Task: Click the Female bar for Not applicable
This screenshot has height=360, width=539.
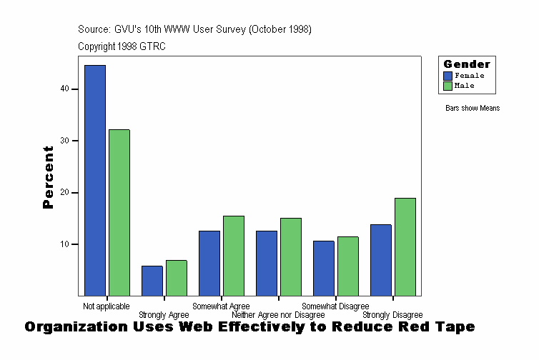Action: tap(95, 180)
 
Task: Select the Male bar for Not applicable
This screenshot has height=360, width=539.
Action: tap(119, 212)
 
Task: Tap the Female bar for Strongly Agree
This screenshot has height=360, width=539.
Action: tap(152, 281)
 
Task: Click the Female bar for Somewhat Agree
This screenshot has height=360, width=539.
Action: tap(209, 263)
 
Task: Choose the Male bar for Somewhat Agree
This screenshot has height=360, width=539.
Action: tap(234, 256)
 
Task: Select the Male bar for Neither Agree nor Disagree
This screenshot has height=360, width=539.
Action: tap(291, 256)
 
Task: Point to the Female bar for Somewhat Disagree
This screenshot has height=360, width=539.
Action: tap(324, 268)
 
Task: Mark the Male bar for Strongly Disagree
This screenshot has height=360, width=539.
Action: tap(405, 246)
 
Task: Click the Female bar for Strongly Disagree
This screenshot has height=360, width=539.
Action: tap(381, 260)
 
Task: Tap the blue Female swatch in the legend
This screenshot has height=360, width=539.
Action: tap(448, 76)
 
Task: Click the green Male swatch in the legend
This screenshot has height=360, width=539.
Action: tap(448, 86)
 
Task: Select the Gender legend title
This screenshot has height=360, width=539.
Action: tap(467, 64)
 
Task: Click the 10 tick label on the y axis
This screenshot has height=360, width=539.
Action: tap(65, 244)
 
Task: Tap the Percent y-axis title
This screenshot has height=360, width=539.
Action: tap(49, 177)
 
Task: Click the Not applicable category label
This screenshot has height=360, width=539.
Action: tap(107, 306)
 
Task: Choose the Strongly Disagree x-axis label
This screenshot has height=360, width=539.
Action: tap(392, 315)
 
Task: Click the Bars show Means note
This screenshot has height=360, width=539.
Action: tap(473, 109)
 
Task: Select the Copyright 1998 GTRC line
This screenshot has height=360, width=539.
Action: tap(122, 46)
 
